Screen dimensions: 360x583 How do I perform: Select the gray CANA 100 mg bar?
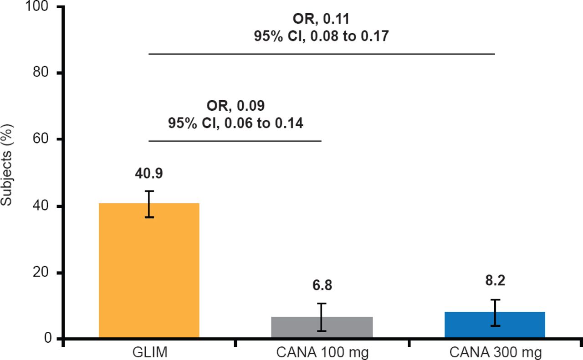pos(322,328)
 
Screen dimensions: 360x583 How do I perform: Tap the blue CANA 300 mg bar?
pos(494,325)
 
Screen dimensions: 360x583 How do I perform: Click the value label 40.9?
pos(149,174)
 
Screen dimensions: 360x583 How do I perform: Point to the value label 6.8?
pos(322,286)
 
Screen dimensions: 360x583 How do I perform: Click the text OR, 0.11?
pos(322,20)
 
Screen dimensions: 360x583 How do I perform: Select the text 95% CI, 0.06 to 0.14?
pos(235,123)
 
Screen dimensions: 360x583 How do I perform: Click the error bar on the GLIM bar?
pos(149,204)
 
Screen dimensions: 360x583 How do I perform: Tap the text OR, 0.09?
pos(235,106)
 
